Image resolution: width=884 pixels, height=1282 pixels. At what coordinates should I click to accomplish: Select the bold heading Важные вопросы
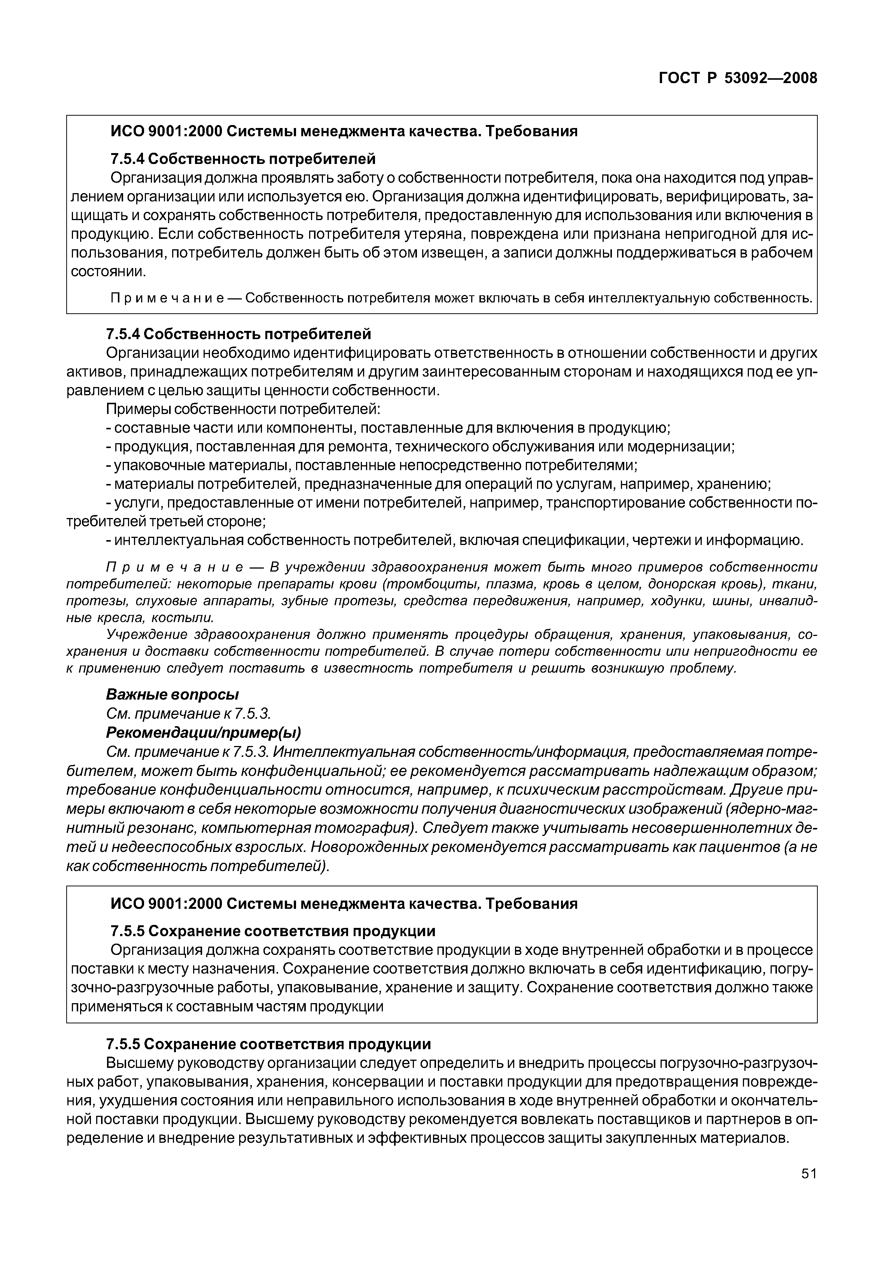(x=172, y=694)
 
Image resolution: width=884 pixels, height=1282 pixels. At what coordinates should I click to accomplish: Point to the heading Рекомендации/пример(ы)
(x=203, y=733)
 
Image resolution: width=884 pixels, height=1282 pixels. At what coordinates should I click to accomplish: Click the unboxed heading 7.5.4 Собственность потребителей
(x=238, y=334)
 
